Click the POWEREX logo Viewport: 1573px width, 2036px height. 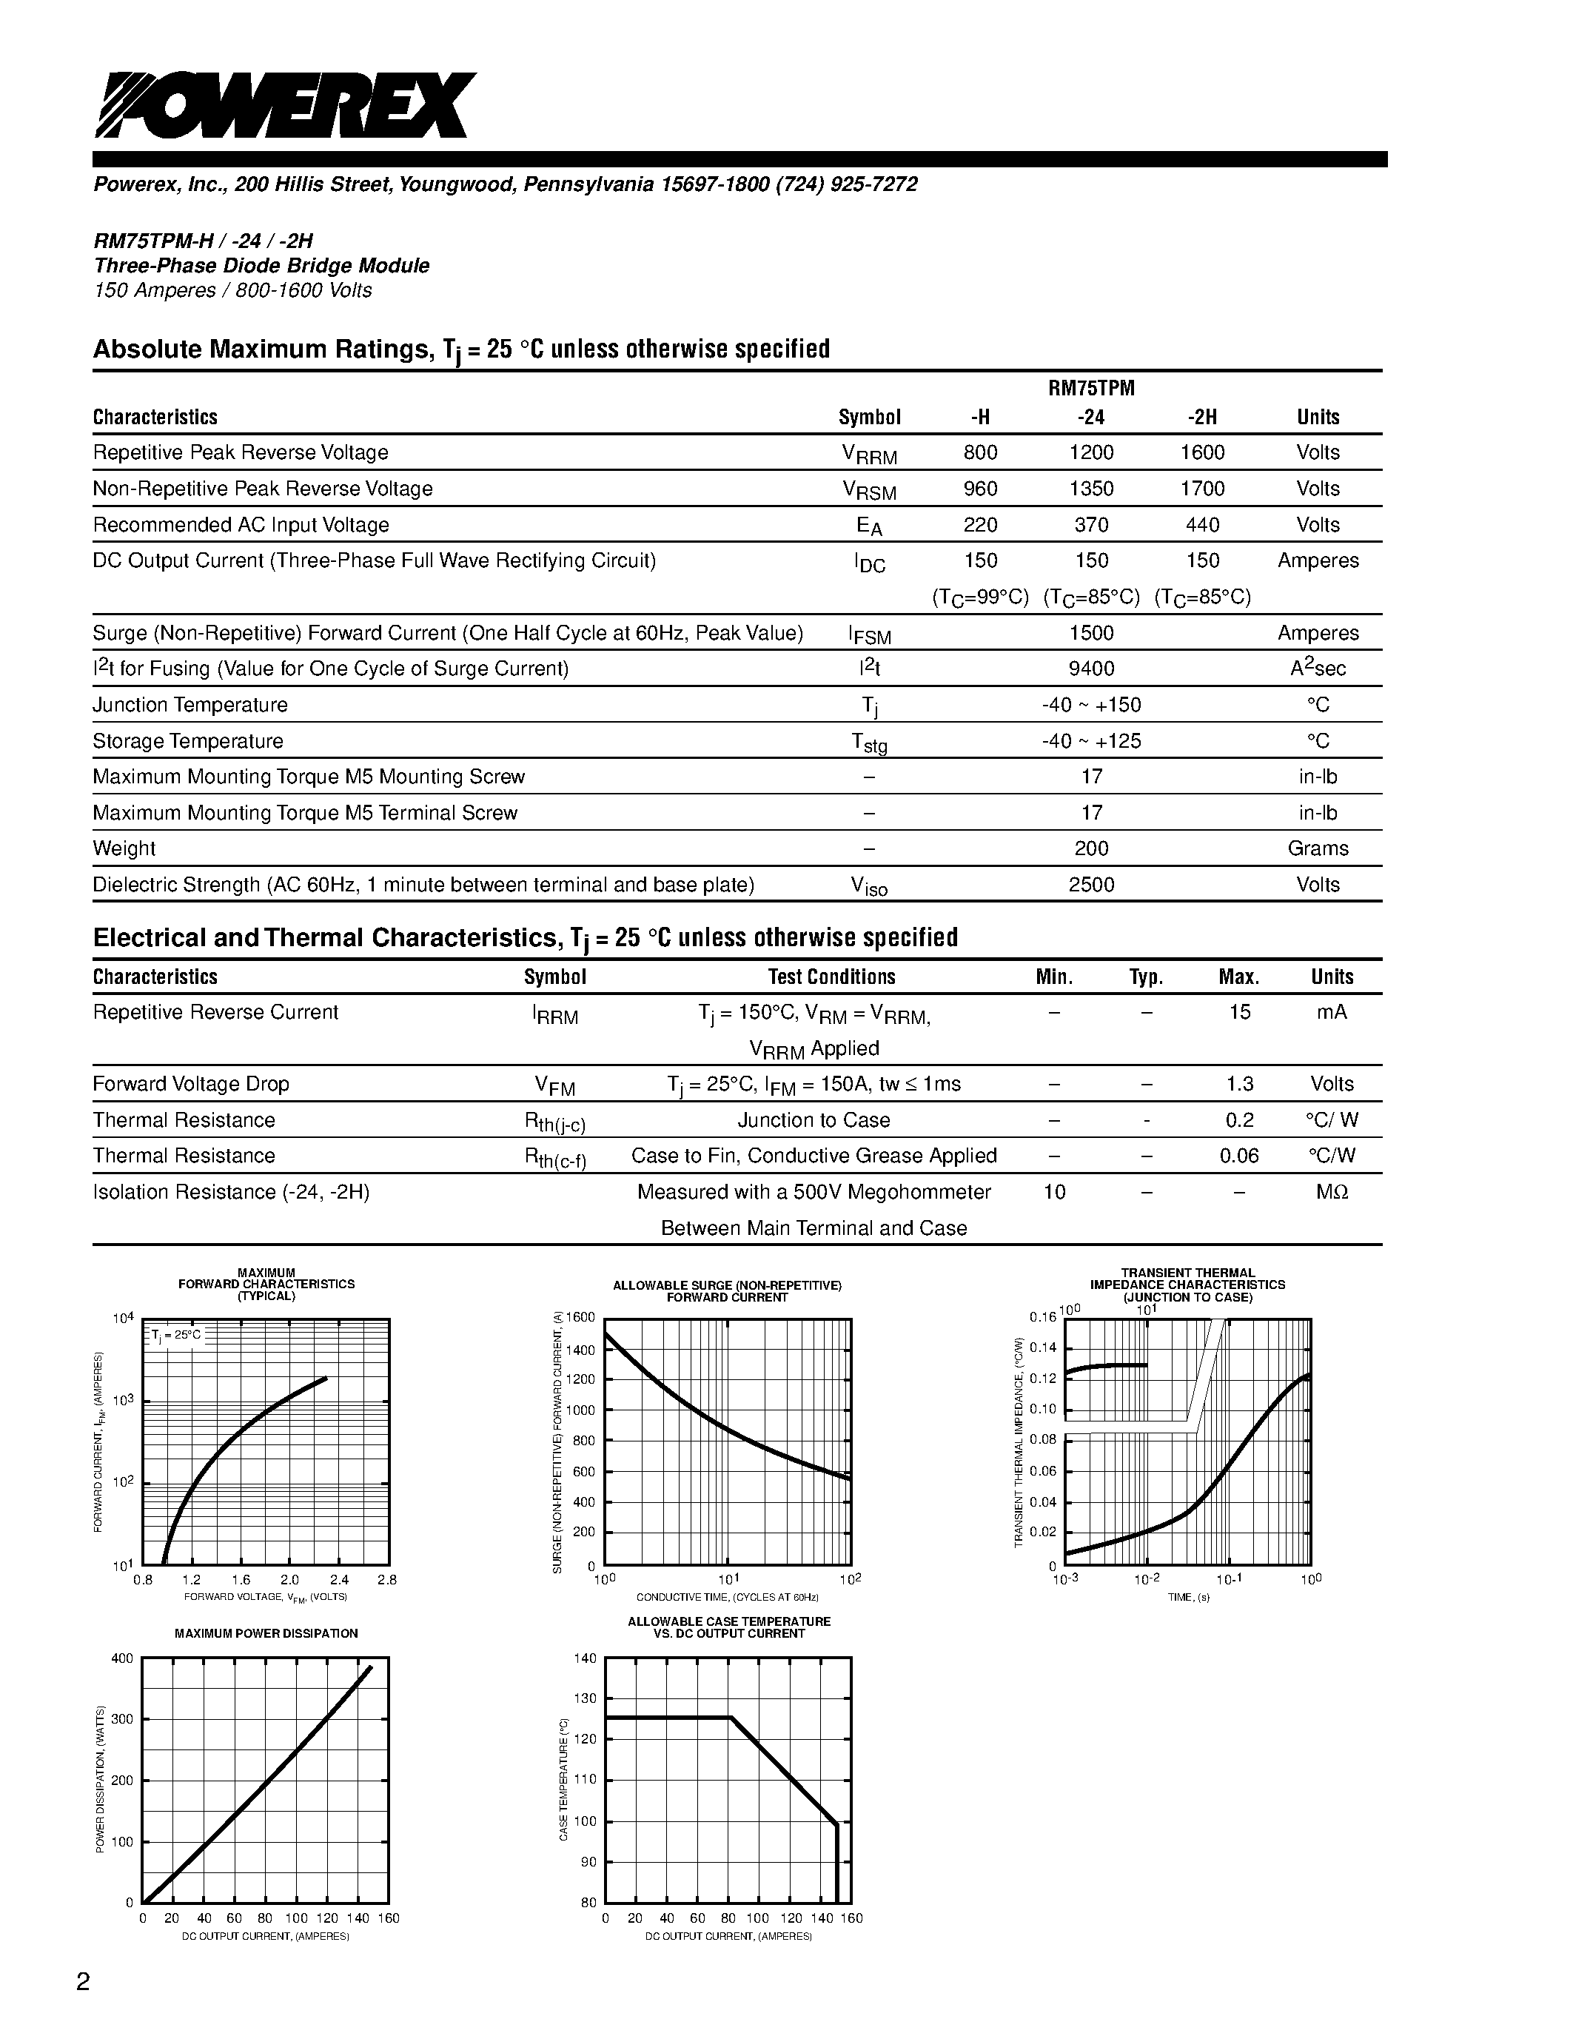(284, 105)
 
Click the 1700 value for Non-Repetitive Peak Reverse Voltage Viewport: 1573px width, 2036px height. (1202, 489)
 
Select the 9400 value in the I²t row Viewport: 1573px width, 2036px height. (1091, 669)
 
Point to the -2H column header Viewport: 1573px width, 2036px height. (1203, 418)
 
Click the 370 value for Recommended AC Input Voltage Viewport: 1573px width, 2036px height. (1091, 525)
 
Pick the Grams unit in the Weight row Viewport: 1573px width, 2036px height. (1318, 848)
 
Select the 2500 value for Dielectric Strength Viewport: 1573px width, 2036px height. (1091, 885)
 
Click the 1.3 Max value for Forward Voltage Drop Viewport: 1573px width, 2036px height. (1239, 1084)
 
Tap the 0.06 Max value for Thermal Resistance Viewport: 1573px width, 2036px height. (1239, 1156)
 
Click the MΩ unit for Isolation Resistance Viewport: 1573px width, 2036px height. (1332, 1192)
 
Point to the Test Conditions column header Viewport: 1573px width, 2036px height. (831, 977)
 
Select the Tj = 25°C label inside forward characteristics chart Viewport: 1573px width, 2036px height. (176, 1335)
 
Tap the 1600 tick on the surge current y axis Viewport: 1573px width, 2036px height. (580, 1317)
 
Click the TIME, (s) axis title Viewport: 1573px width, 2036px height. (1188, 1597)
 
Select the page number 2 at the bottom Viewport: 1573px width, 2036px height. (83, 1981)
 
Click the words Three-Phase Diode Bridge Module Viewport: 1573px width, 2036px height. (261, 266)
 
